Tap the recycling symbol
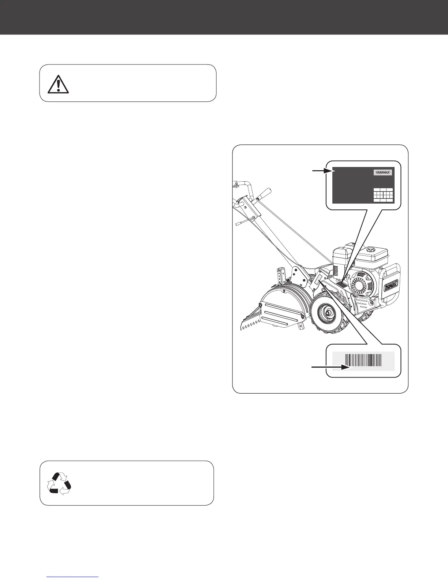pyautogui.click(x=59, y=483)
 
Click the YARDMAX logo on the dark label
pyautogui.click(x=382, y=172)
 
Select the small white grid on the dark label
pyautogui.click(x=383, y=195)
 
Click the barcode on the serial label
pyautogui.click(x=363, y=361)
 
